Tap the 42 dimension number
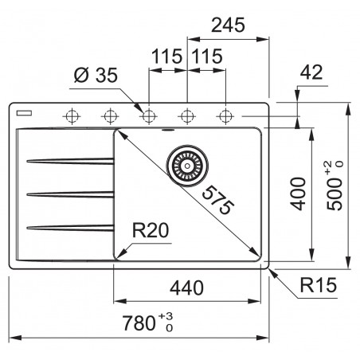point(312,73)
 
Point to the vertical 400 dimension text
point(296,192)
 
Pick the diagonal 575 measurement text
point(216,202)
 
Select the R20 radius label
point(151,232)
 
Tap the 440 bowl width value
point(186,288)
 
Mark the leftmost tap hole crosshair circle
point(70,116)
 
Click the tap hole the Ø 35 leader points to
point(147,116)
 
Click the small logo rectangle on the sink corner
point(25,108)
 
